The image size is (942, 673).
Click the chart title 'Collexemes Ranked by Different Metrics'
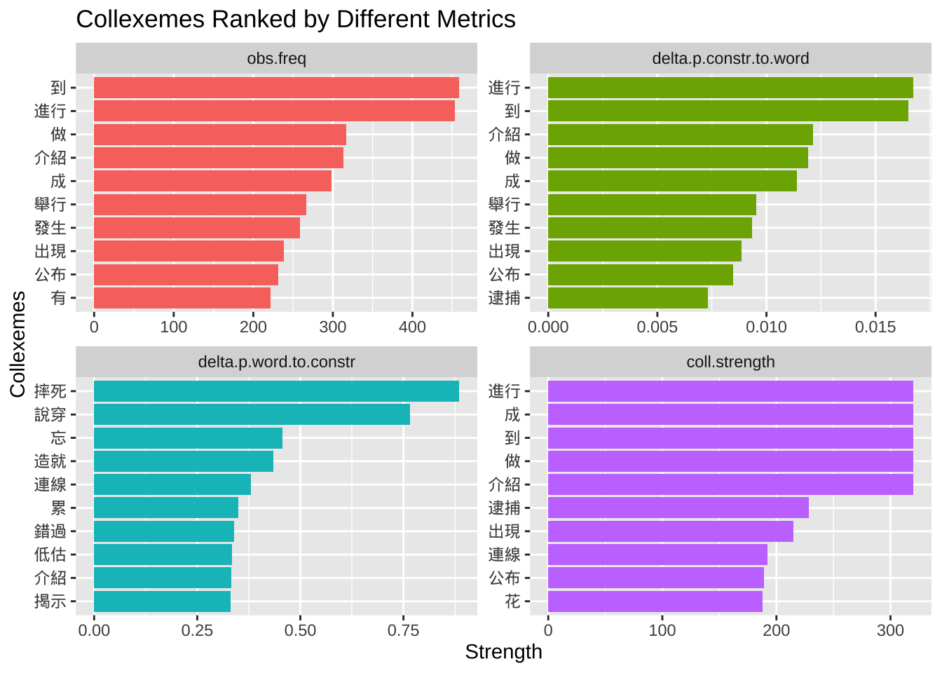click(x=295, y=20)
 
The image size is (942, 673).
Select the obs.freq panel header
click(x=276, y=58)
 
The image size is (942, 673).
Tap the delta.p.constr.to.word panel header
click(x=730, y=58)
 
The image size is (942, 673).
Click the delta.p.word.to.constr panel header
click(x=276, y=362)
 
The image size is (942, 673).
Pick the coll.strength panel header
click(x=730, y=362)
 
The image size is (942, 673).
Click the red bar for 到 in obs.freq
click(x=276, y=88)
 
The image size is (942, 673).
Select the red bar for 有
click(x=182, y=298)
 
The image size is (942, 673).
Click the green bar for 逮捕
click(x=627, y=298)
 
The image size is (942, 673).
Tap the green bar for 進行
click(x=730, y=88)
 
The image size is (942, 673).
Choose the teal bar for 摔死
click(x=276, y=391)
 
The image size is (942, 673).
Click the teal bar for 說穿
click(x=252, y=414)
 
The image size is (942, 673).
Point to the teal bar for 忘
click(x=188, y=438)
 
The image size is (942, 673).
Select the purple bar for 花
click(x=655, y=601)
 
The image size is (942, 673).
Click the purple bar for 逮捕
click(x=678, y=508)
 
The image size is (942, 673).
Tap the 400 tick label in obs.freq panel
click(x=412, y=327)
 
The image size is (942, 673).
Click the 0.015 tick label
click(x=875, y=327)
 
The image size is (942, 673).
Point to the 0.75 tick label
click(x=403, y=630)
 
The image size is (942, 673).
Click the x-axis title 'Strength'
click(x=503, y=652)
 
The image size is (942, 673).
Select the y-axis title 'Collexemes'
click(x=18, y=344)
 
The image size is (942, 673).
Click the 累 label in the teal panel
click(x=58, y=508)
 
